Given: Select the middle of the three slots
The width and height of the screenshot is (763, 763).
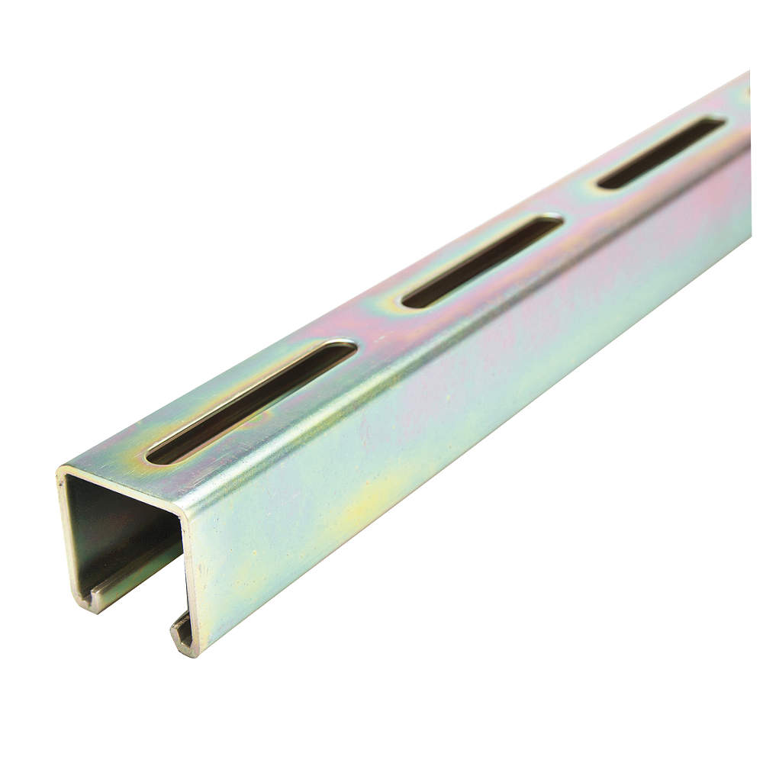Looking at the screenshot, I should click(482, 261).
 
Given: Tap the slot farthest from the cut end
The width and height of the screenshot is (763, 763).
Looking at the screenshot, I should click(661, 152).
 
